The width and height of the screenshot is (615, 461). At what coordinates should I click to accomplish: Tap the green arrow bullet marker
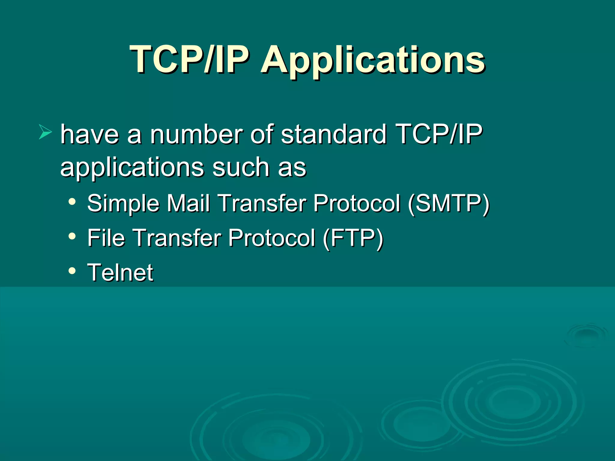click(45, 132)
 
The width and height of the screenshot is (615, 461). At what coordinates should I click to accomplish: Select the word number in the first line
click(196, 134)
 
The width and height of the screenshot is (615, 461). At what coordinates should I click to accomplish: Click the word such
click(241, 167)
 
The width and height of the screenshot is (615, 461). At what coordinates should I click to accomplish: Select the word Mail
click(188, 203)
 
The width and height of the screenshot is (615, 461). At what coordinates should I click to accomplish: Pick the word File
click(106, 238)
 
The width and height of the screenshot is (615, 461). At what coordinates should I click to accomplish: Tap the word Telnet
click(120, 273)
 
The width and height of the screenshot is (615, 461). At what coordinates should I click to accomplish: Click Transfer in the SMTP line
click(262, 203)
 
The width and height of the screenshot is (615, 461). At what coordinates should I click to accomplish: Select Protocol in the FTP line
click(272, 238)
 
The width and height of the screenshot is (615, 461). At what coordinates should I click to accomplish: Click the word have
click(89, 134)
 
